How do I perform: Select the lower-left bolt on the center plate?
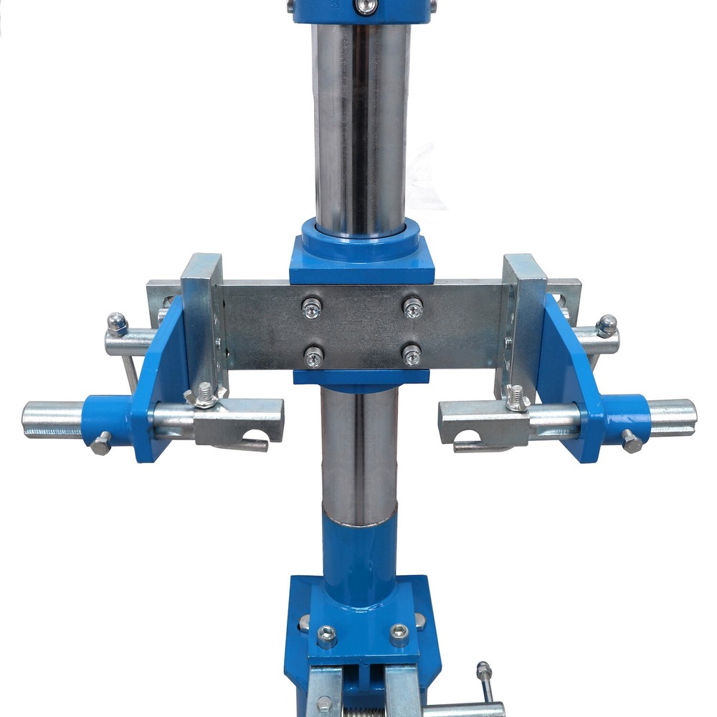313,356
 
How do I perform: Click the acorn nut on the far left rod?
117,323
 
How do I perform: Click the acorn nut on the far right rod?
607,325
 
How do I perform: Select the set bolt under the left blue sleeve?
102,442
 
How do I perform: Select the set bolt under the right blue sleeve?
632,441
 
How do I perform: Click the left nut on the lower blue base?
327,635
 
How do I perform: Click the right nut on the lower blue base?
399,633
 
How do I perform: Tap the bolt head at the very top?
366,6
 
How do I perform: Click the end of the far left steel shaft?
29,419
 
